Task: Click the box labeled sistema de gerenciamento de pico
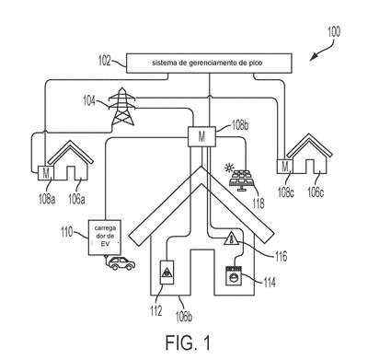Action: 209,64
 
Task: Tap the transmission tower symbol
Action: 122,106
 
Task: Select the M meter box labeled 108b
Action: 201,136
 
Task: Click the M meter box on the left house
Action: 46,173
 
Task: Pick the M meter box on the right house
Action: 285,167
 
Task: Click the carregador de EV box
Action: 105,238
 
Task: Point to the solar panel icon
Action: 242,178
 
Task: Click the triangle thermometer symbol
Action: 232,238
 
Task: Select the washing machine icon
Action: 234,275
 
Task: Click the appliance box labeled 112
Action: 167,273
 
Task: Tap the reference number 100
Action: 334,32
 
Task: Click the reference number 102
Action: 105,61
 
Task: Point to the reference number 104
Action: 89,101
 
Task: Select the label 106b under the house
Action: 184,317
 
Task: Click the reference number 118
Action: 258,203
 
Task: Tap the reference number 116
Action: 281,256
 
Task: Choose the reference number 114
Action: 270,283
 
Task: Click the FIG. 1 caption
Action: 189,343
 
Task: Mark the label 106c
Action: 316,192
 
